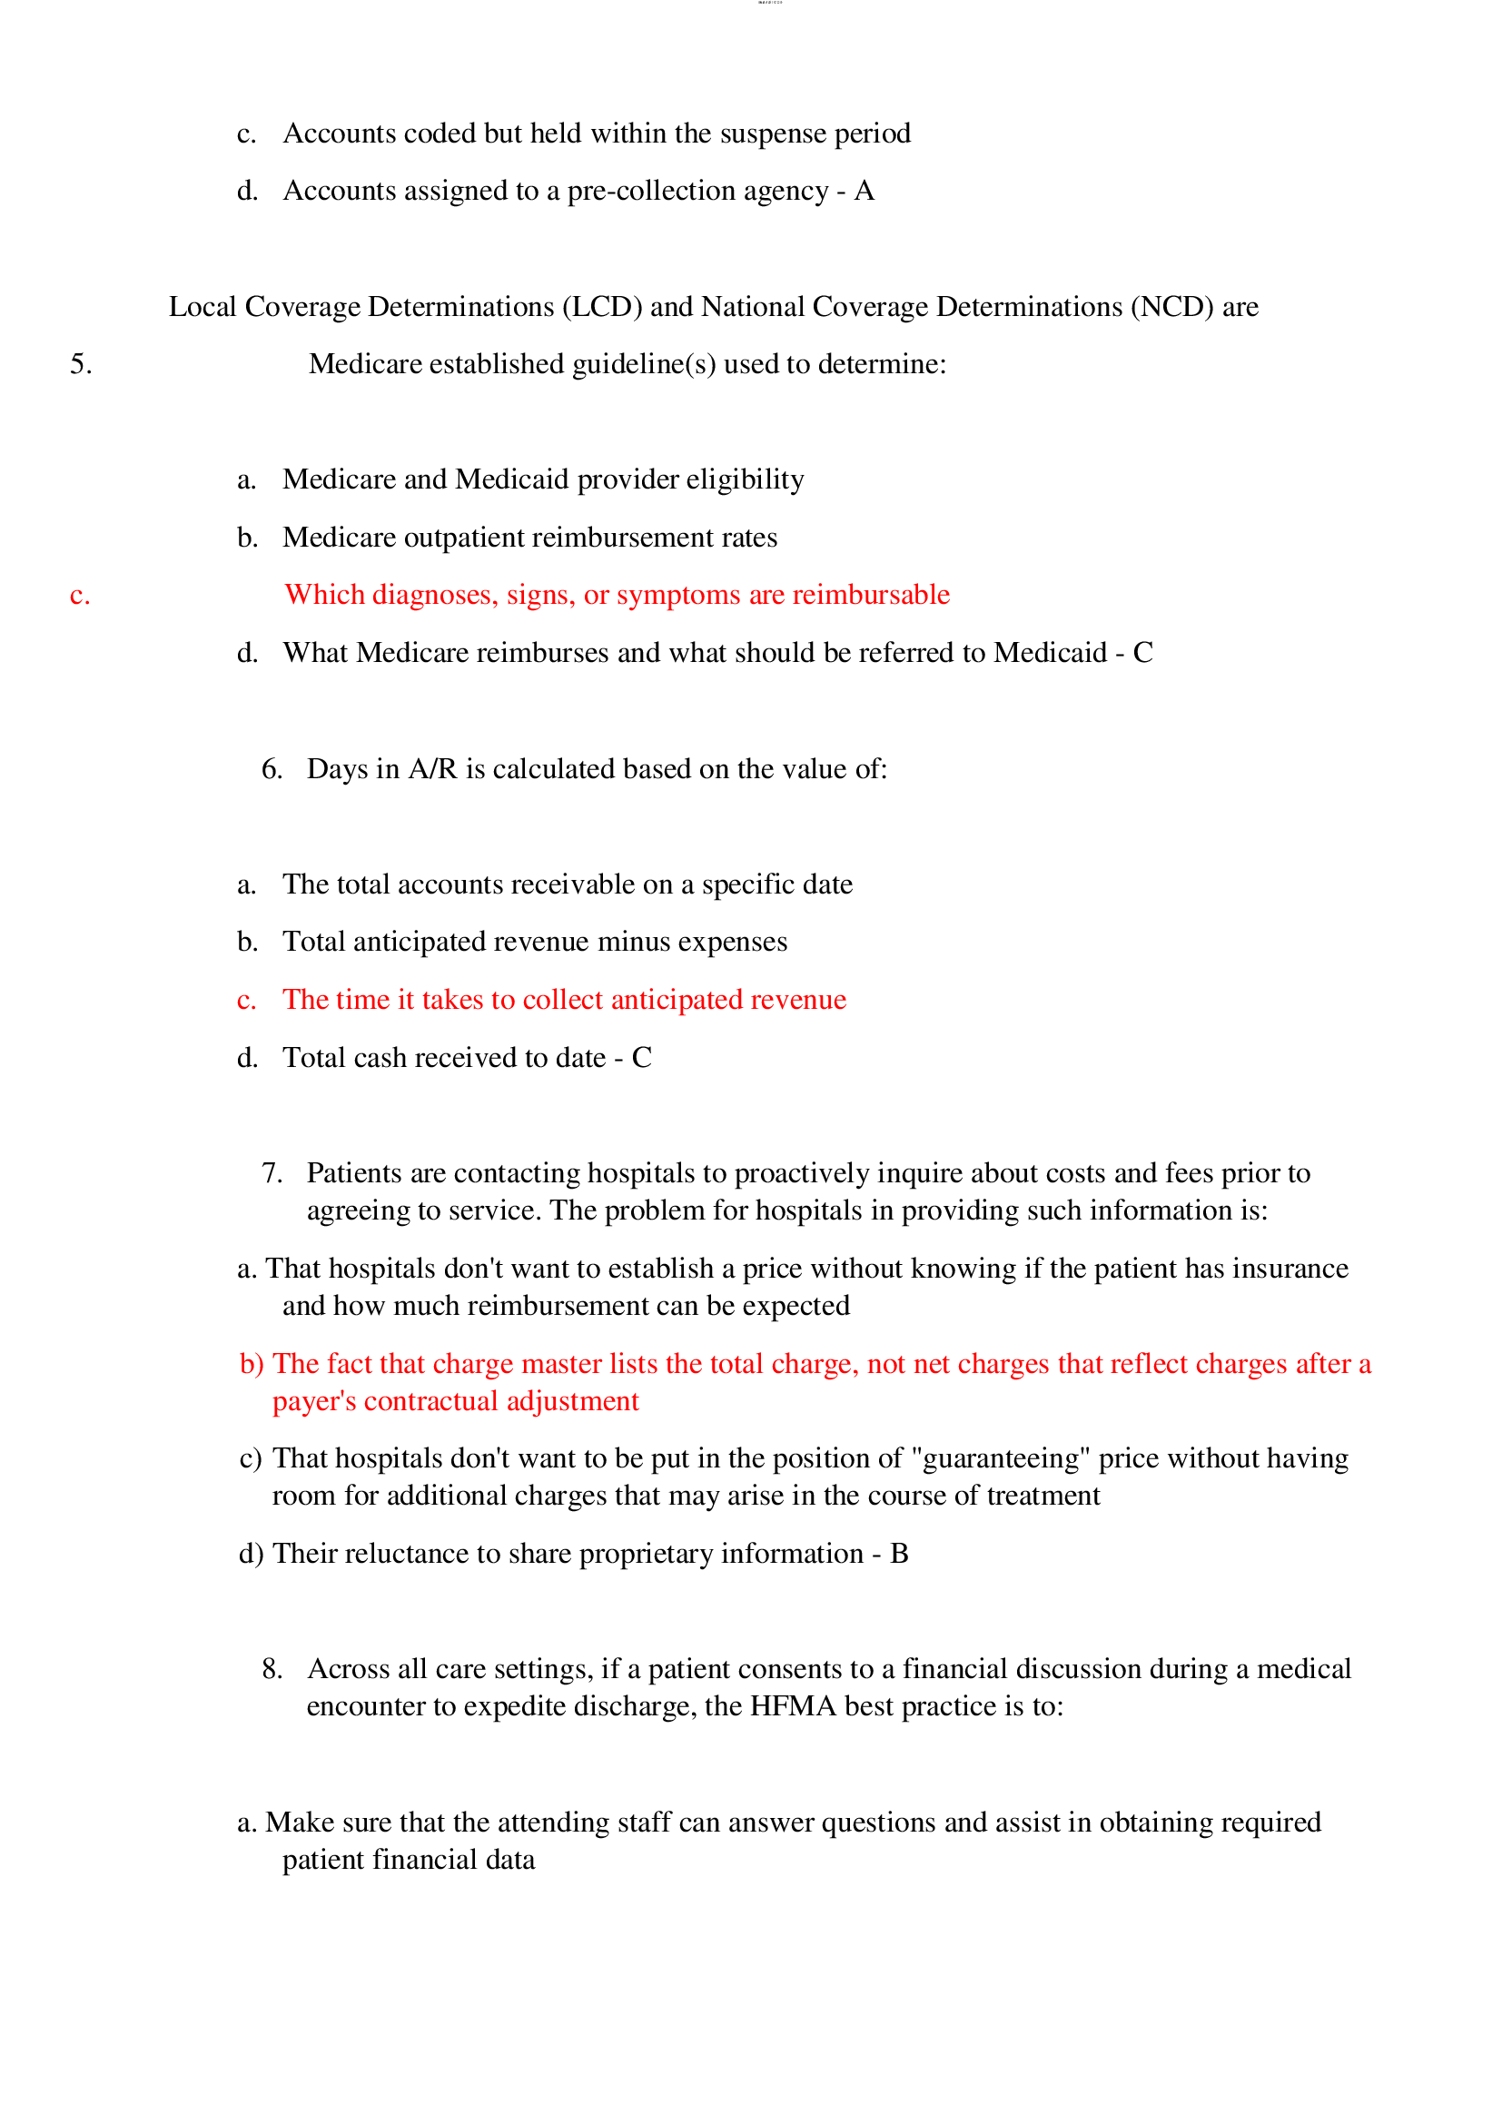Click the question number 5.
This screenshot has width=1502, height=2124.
pyautogui.click(x=81, y=363)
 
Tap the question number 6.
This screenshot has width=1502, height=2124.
pyautogui.click(x=271, y=769)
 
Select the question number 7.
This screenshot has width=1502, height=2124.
pyautogui.click(x=271, y=1173)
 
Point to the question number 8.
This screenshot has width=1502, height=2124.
pyautogui.click(x=271, y=1668)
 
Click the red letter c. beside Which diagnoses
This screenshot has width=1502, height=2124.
pyautogui.click(x=80, y=595)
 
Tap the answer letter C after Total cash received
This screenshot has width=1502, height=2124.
pyautogui.click(x=642, y=1057)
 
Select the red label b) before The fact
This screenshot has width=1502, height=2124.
pyautogui.click(x=252, y=1364)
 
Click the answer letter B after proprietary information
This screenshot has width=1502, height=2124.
pyautogui.click(x=899, y=1553)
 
